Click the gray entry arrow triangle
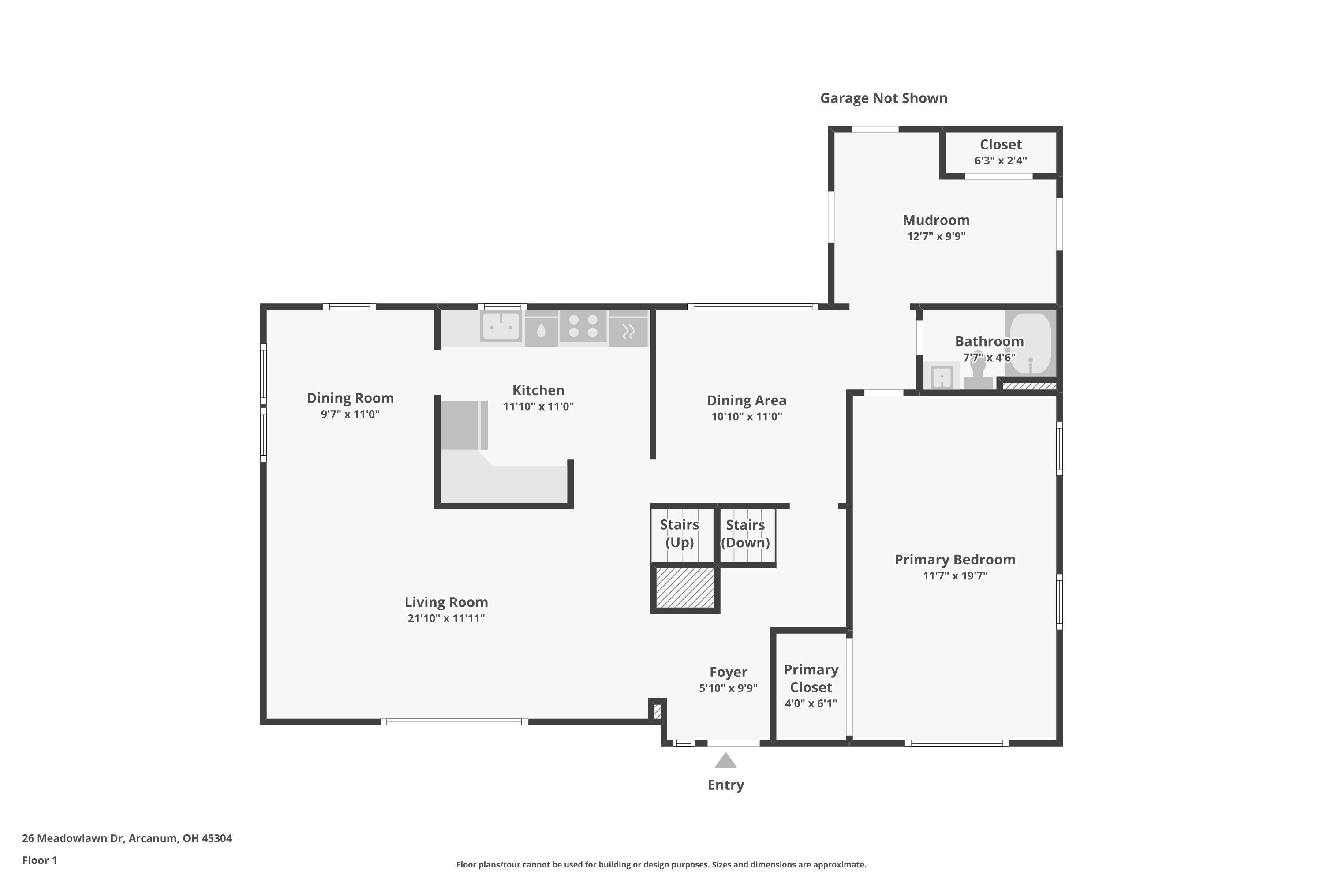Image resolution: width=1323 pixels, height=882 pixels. [x=725, y=761]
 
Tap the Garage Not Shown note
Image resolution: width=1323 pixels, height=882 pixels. [x=883, y=98]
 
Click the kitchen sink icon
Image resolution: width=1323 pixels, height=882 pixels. [x=501, y=327]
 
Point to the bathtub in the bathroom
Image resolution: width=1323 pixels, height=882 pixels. [x=1031, y=343]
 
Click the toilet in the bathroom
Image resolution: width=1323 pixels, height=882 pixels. [x=978, y=371]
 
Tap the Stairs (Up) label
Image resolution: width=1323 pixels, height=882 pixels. [x=680, y=533]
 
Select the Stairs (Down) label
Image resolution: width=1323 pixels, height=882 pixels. [x=745, y=533]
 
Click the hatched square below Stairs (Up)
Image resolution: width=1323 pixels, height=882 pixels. [x=684, y=588]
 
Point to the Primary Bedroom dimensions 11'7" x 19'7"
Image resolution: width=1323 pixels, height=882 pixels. [x=955, y=576]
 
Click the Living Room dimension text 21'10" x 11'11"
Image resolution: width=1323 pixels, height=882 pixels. [x=446, y=618]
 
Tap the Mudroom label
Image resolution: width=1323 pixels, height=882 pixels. [x=936, y=220]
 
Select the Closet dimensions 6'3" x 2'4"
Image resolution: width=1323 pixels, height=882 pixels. [x=1001, y=161]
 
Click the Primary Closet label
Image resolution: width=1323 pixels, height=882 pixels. [x=811, y=678]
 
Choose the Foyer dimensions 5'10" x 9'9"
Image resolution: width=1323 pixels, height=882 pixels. [x=728, y=688]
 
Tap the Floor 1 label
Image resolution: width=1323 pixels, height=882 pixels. [x=39, y=860]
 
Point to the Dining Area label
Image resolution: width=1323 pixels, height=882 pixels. [x=747, y=400]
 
